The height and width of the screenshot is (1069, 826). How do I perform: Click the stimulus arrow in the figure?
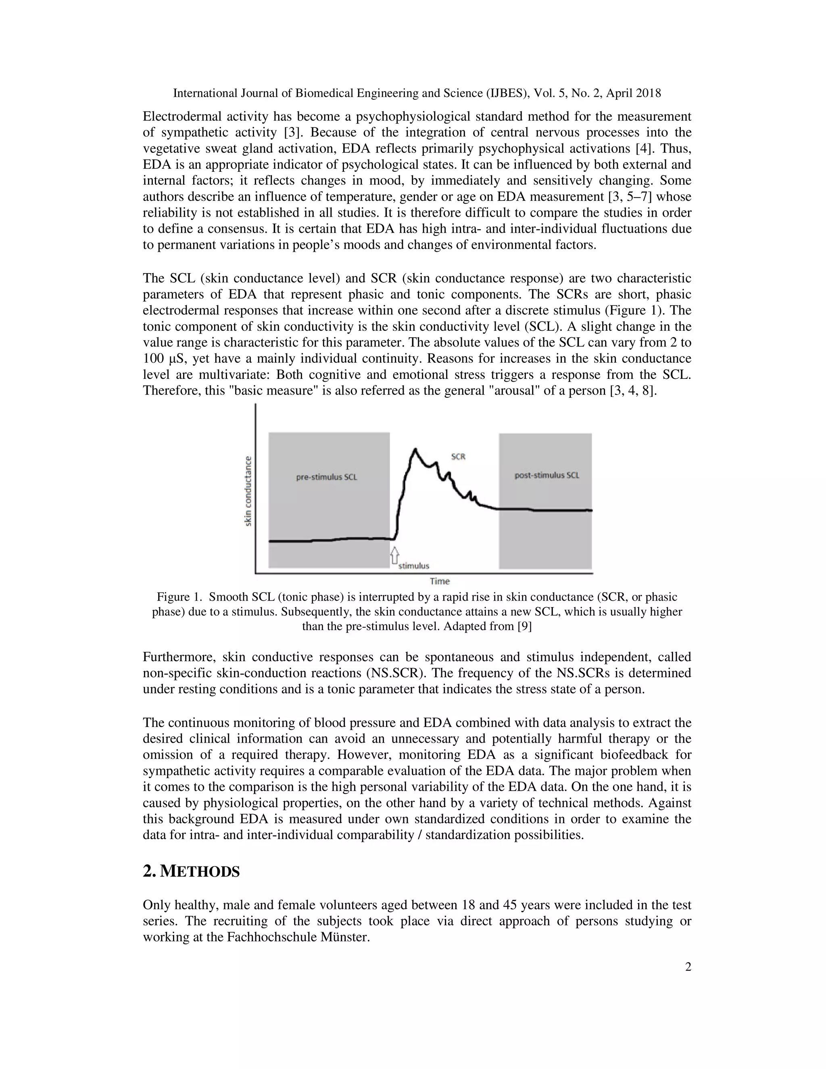coord(394,556)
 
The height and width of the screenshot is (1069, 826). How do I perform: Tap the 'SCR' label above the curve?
coord(458,457)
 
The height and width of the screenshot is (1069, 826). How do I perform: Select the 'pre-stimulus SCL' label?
coord(326,477)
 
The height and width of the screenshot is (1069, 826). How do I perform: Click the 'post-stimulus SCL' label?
coord(546,475)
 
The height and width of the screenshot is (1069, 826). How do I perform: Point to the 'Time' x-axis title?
coord(440,581)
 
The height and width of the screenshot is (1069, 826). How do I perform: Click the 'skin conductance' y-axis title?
coord(248,491)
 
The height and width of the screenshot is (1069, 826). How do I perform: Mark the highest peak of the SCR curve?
coord(415,449)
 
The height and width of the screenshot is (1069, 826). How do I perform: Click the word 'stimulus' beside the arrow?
coord(414,566)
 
